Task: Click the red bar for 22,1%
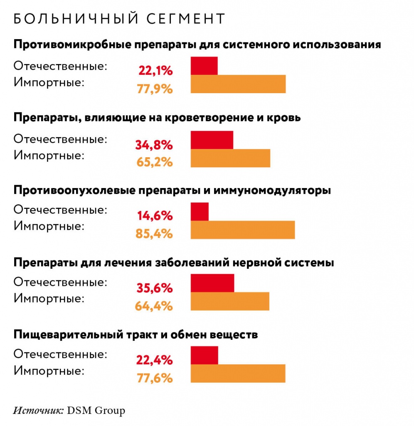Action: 204,66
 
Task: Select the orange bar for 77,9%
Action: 238,84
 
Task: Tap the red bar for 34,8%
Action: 212,140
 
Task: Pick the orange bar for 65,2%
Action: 230,158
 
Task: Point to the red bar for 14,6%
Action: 200,212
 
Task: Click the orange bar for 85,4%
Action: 243,230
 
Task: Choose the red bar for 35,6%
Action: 212,283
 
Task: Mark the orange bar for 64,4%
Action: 230,302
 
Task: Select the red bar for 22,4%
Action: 205,355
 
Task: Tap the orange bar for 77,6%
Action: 238,374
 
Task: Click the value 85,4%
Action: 154,234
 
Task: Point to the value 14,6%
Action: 155,216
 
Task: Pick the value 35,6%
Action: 154,288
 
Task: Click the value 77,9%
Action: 154,89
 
